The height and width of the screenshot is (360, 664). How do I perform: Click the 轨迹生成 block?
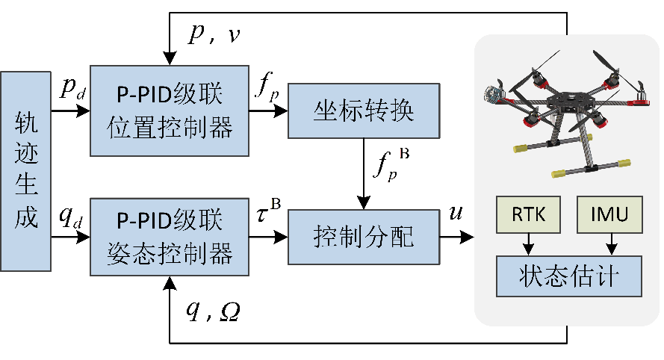pos(26,171)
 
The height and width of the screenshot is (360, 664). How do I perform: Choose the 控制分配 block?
pos(363,237)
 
